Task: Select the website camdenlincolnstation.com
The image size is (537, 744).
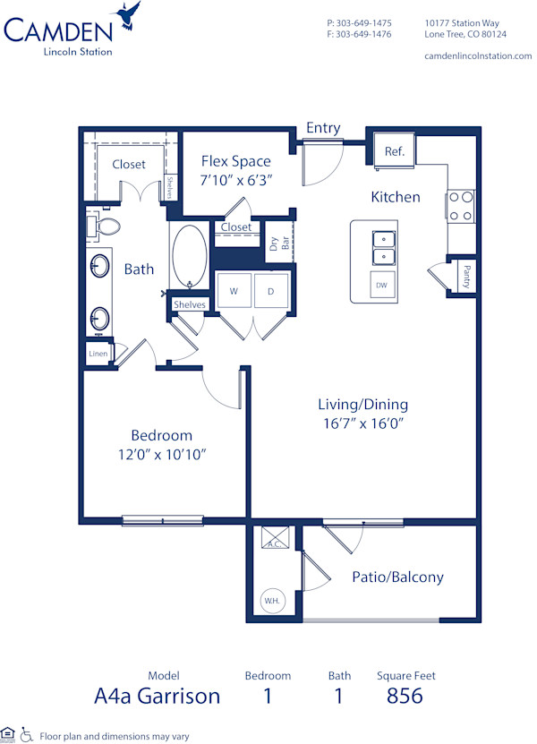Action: tap(477, 56)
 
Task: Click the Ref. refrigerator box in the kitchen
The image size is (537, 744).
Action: tap(395, 151)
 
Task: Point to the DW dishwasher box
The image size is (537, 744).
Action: tap(381, 285)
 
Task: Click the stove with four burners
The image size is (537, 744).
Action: tap(461, 206)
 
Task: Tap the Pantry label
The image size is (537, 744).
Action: tap(466, 276)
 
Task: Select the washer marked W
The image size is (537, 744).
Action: tap(234, 291)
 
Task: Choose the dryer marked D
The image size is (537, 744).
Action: tap(270, 291)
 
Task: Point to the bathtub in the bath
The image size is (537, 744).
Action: tap(189, 255)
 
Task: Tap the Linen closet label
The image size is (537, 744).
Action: tap(98, 354)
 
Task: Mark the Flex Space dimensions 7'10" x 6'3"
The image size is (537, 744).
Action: tap(235, 179)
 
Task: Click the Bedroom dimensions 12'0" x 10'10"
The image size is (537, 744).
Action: tap(161, 454)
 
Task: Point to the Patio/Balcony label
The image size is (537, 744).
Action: tap(398, 577)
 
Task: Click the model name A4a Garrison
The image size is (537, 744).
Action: tap(157, 696)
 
